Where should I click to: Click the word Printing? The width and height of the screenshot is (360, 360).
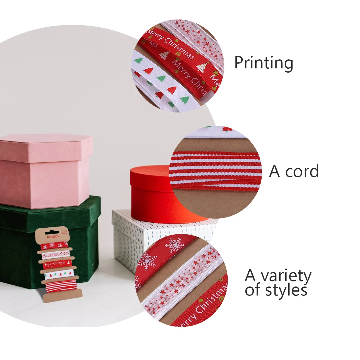(263, 63)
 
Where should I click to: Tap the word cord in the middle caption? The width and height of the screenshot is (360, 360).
(302, 172)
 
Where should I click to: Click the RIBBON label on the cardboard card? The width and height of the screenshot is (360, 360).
(53, 236)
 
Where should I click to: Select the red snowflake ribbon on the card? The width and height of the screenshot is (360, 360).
(55, 246)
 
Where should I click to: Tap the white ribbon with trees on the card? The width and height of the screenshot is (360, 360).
(59, 274)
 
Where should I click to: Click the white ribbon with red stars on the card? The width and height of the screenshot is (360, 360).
(56, 255)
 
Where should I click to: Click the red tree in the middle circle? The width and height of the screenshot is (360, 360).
(227, 130)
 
